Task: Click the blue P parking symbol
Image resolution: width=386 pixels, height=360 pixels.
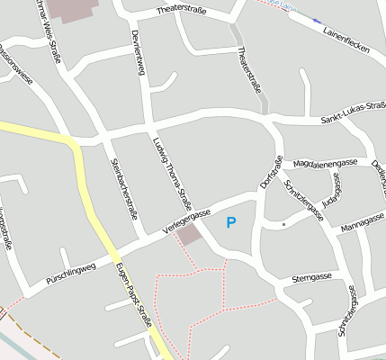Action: click(x=231, y=222)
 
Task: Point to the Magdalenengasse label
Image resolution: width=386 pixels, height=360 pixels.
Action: click(x=326, y=163)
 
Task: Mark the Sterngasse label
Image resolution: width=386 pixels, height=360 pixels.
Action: click(x=306, y=280)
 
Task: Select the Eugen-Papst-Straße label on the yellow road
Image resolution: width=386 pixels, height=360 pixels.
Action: click(x=133, y=295)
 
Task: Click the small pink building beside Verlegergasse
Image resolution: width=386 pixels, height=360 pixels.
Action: click(x=189, y=235)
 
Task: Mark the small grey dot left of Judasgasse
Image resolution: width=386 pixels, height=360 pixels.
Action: click(x=283, y=223)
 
